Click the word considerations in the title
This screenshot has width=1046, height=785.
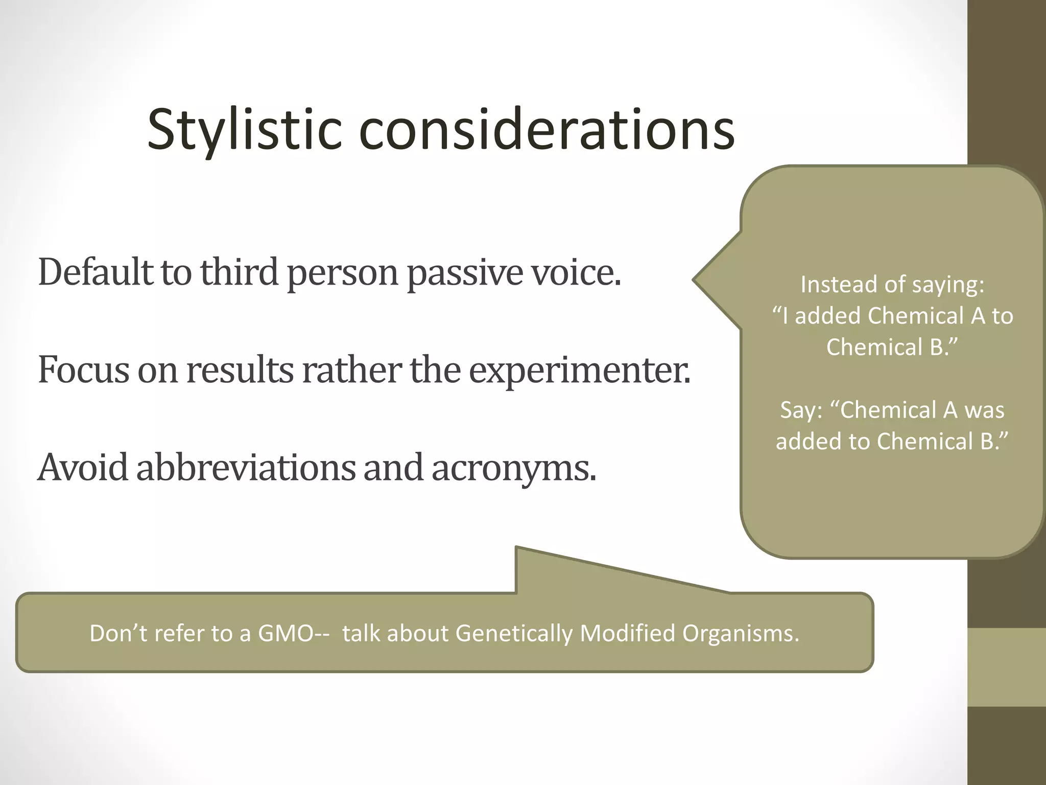[546, 130]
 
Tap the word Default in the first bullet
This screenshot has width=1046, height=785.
[95, 272]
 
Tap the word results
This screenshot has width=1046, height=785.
[240, 370]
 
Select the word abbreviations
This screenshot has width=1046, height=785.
[246, 467]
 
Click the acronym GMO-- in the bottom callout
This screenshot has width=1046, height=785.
[293, 634]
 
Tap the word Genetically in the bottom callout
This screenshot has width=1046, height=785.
[514, 634]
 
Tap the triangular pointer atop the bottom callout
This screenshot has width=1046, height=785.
[562, 572]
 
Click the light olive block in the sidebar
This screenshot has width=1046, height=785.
[1006, 667]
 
